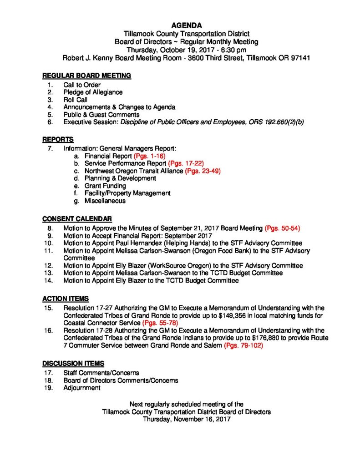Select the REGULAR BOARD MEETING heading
click(87, 75)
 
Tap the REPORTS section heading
click(58, 139)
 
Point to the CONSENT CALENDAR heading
click(77, 218)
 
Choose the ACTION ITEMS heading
click(66, 299)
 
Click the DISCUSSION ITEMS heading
click(73, 364)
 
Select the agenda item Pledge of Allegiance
click(93, 92)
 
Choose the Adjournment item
click(82, 388)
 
